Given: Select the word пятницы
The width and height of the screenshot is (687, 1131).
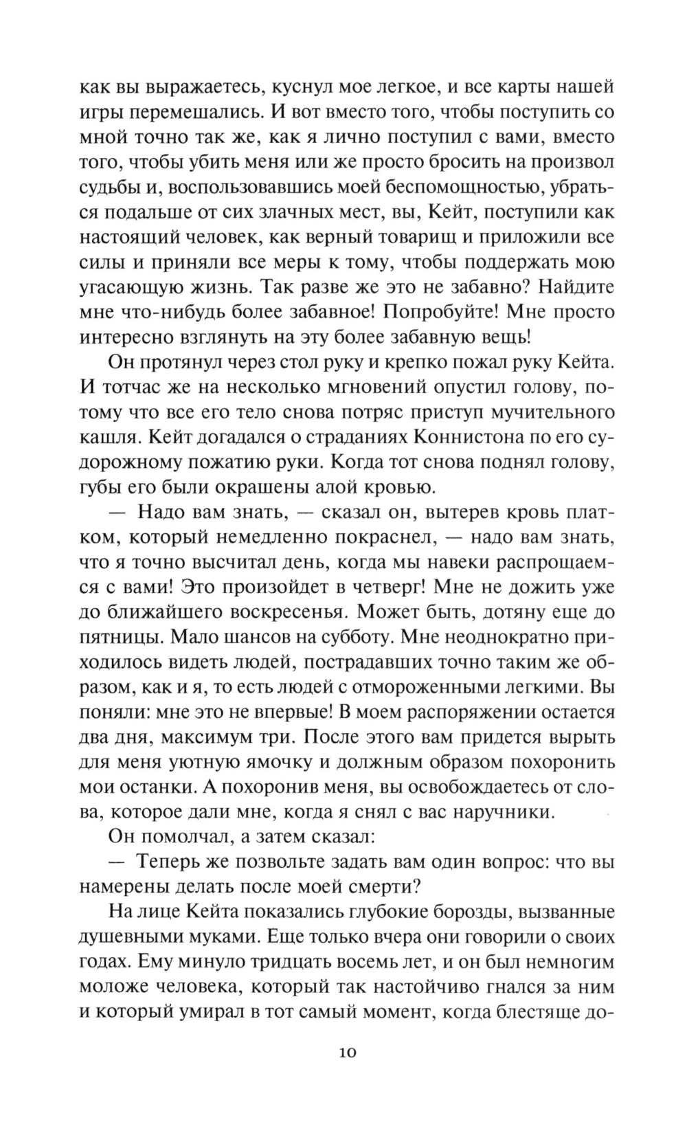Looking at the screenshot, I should click(118, 638).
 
